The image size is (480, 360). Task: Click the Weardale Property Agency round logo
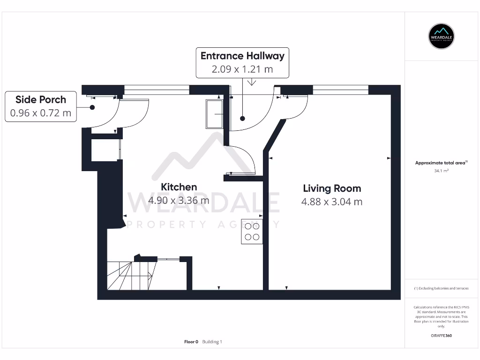442,36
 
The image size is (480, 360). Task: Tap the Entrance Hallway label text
242,56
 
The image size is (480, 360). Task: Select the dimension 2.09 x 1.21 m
242,69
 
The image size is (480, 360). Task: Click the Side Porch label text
41,99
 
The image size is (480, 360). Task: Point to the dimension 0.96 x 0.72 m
41,113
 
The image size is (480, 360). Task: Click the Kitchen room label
179,187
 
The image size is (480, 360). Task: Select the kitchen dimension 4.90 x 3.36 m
179,201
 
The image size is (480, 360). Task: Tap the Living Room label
332,188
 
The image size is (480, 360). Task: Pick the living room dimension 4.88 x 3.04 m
332,202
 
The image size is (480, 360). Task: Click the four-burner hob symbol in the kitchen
252,232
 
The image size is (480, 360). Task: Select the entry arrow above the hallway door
252,82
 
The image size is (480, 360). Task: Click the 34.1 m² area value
442,171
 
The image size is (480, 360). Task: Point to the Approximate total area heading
441,163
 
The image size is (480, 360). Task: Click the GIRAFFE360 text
442,336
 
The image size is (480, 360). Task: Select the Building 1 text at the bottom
212,342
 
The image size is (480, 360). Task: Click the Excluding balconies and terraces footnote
441,288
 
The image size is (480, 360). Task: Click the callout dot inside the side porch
92,107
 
